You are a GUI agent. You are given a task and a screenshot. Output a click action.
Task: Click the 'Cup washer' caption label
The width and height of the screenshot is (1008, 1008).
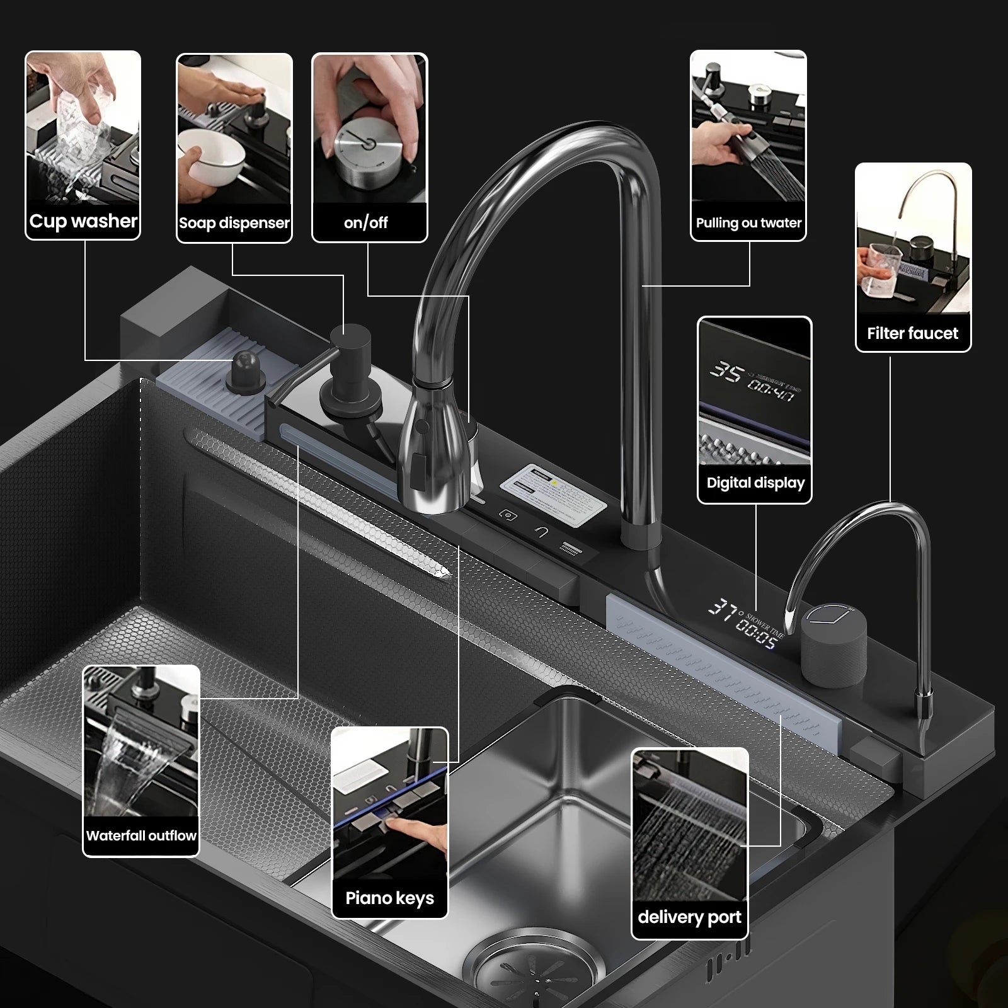pyautogui.click(x=83, y=221)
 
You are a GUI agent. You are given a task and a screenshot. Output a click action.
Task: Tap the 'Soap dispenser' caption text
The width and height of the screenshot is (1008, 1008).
pyautogui.click(x=234, y=223)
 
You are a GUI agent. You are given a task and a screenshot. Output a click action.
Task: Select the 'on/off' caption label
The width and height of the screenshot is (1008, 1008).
pyautogui.click(x=365, y=222)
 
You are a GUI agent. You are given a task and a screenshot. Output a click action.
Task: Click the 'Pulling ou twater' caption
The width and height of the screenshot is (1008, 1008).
pyautogui.click(x=748, y=222)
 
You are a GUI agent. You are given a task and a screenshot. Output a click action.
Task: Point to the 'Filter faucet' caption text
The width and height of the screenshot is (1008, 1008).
pyautogui.click(x=912, y=333)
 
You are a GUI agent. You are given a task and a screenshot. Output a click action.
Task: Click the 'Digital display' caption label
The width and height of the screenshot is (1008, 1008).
pyautogui.click(x=755, y=483)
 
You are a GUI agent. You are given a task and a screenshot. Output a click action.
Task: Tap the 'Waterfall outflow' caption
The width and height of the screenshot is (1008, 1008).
pyautogui.click(x=141, y=836)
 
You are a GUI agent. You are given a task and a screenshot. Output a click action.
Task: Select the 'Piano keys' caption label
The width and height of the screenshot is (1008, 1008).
pyautogui.click(x=389, y=898)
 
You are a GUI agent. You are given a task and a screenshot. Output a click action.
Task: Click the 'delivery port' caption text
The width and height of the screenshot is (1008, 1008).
pyautogui.click(x=689, y=917)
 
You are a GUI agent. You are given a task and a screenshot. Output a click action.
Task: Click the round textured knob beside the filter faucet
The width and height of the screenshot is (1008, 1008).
pyautogui.click(x=833, y=644)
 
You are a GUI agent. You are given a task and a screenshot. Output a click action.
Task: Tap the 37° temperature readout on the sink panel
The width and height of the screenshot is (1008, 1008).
pyautogui.click(x=723, y=609)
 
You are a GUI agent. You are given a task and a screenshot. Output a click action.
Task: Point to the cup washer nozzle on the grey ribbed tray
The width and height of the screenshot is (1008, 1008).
pyautogui.click(x=246, y=372)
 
